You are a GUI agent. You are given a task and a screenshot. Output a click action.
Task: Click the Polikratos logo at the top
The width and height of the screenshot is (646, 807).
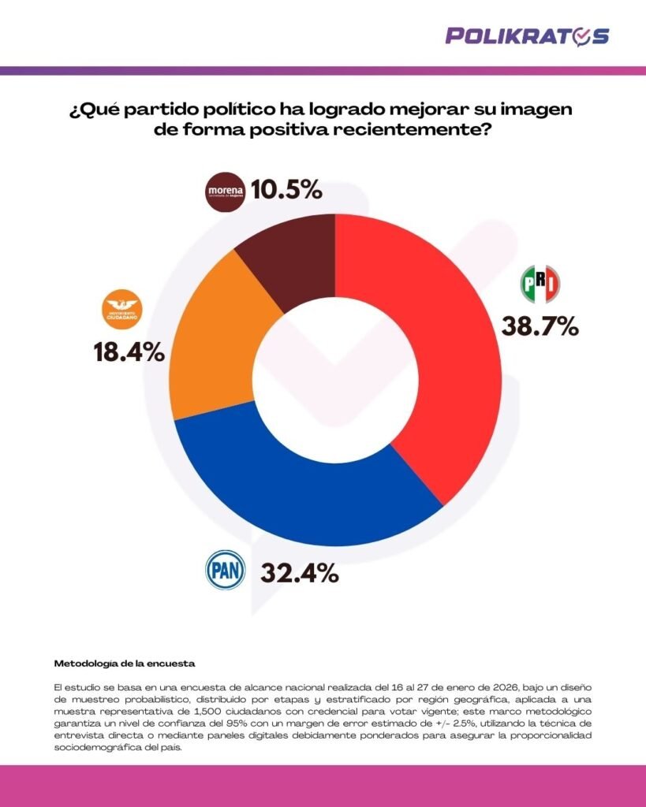click(526, 35)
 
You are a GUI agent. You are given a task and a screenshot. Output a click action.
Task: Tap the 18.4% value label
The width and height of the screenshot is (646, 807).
click(130, 352)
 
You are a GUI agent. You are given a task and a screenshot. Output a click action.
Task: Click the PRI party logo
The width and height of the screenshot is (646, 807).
click(540, 284)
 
